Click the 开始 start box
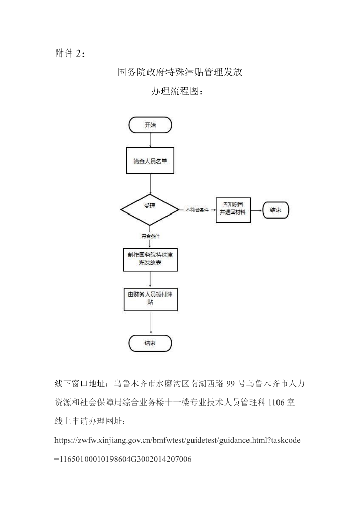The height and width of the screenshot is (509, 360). (x=150, y=125)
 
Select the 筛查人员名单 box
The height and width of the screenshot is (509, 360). (x=150, y=160)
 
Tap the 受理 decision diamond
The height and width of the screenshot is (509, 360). (x=150, y=210)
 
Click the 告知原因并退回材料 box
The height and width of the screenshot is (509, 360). (x=233, y=210)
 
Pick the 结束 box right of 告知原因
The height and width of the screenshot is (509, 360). (x=275, y=210)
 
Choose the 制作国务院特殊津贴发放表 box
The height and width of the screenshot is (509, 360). (x=151, y=259)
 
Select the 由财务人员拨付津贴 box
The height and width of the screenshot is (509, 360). (x=151, y=299)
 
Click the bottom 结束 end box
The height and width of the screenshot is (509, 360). (x=150, y=343)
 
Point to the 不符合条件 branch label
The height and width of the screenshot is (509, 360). (x=197, y=210)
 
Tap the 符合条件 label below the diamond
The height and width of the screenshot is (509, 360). (x=151, y=236)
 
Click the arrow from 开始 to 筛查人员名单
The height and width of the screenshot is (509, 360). (x=151, y=140)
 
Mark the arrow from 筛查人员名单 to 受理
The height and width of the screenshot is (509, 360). (x=151, y=184)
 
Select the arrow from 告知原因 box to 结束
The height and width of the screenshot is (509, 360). (x=257, y=210)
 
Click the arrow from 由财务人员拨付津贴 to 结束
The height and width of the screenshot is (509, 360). (x=151, y=322)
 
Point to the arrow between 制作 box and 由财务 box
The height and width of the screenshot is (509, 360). (x=151, y=279)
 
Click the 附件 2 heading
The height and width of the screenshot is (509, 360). (x=70, y=53)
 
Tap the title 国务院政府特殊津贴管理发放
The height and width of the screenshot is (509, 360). (x=180, y=72)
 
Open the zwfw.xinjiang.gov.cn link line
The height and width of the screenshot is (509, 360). (x=177, y=441)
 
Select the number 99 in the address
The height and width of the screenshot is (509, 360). (x=230, y=384)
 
